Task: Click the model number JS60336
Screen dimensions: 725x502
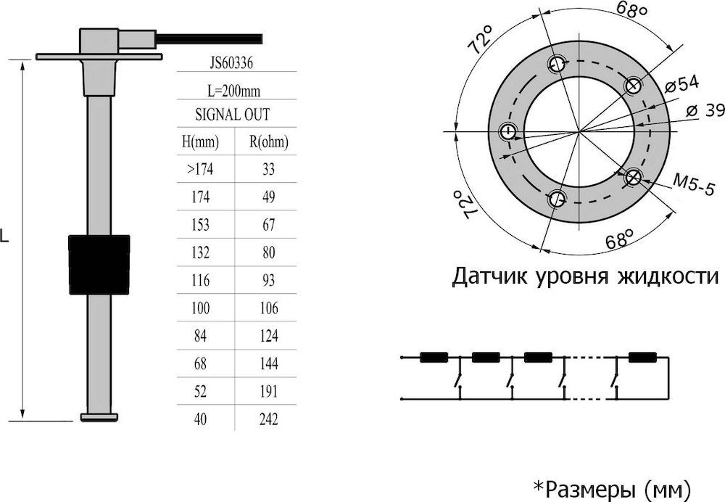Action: (232, 62)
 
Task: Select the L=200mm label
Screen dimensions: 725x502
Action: (233, 91)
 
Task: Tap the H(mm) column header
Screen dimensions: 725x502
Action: (200, 141)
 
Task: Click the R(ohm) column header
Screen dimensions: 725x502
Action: (269, 141)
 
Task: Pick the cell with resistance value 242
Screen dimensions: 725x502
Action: (269, 419)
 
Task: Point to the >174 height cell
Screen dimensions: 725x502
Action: (200, 169)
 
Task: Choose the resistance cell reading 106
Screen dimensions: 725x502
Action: (269, 308)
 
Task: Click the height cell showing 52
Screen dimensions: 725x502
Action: (200, 392)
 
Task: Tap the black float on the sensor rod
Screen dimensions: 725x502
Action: (99, 265)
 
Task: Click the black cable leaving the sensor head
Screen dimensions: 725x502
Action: (209, 39)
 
